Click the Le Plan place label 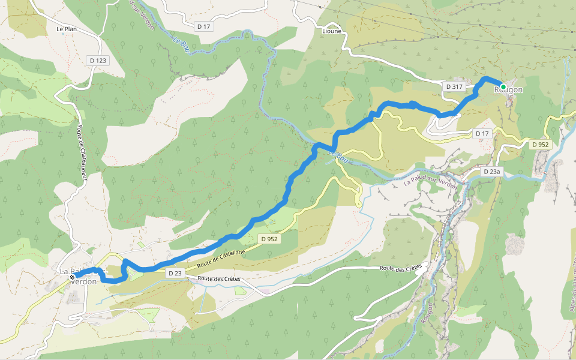point(67,29)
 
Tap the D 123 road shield point(97,60)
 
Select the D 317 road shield point(454,87)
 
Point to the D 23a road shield point(491,172)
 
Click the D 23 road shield point(175,273)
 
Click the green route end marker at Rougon point(503,87)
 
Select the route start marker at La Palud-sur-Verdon point(72,277)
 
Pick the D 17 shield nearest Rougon point(482,133)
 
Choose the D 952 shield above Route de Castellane point(269,239)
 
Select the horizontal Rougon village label point(509,90)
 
